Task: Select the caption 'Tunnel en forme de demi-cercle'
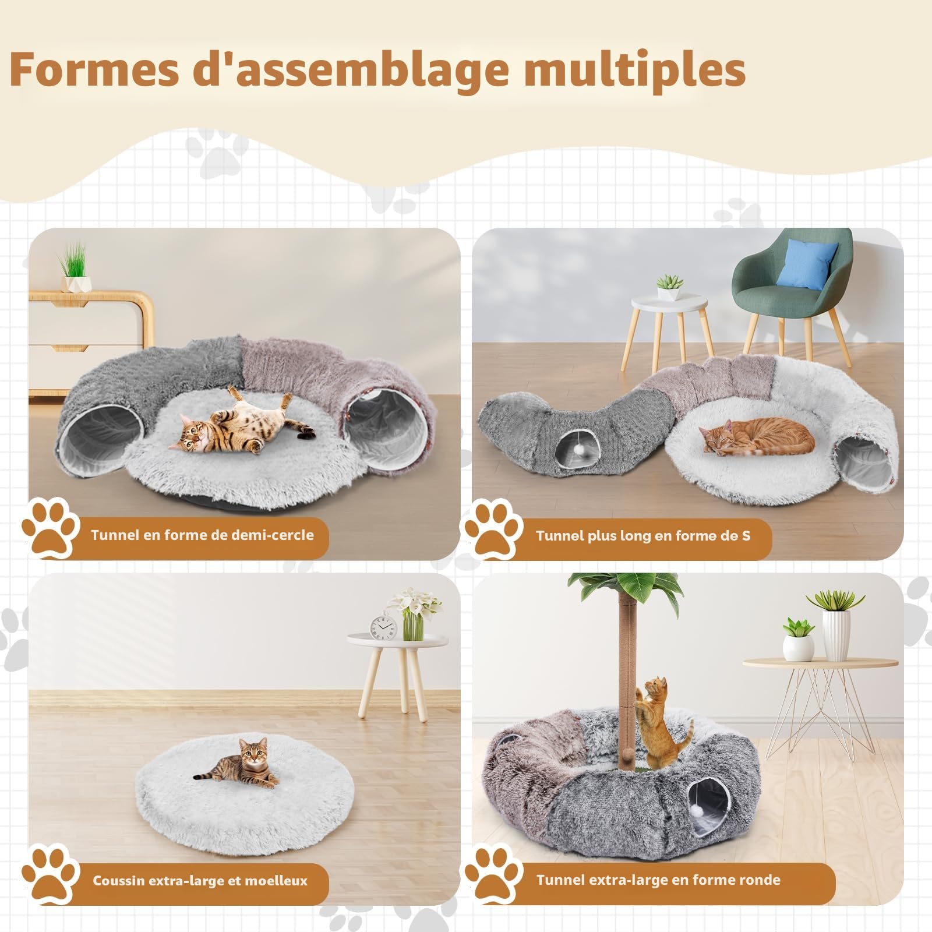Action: coord(202,535)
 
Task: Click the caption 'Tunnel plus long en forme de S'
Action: coord(643,535)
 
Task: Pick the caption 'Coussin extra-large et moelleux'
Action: coord(200,880)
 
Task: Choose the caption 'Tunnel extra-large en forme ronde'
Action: coord(658,879)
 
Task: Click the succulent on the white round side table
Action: coord(669,287)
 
